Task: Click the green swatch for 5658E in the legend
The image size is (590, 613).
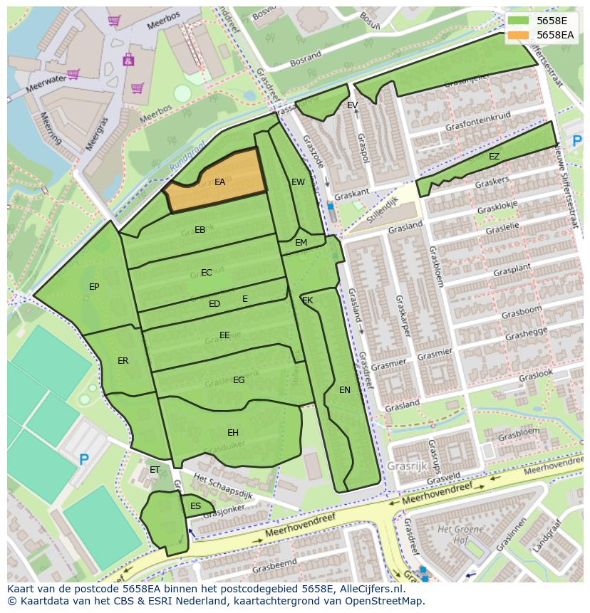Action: point(519,21)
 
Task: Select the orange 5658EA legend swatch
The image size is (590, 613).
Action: point(519,35)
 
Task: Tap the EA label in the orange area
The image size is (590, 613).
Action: point(219,182)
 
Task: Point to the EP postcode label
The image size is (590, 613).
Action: point(94,287)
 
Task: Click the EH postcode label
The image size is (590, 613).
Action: point(233,433)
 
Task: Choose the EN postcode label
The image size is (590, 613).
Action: point(345,390)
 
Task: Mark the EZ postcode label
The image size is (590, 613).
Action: point(494,157)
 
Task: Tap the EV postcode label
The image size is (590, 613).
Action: point(352,105)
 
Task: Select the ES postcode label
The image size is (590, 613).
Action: point(195,506)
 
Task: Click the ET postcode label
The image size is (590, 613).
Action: point(155,470)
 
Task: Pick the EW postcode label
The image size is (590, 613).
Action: point(298,182)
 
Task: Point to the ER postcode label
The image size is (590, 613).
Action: point(123,361)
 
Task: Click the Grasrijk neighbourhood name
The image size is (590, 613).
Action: point(407,466)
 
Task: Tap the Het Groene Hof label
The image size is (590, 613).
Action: point(456,534)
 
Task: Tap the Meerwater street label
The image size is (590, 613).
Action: point(45,83)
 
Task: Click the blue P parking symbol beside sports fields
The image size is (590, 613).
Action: point(84,460)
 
